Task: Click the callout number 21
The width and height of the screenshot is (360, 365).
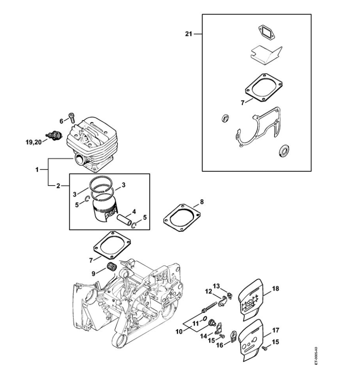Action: click(188, 34)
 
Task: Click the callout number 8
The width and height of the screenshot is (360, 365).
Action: click(202, 200)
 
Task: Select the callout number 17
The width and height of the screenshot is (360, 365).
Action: click(276, 330)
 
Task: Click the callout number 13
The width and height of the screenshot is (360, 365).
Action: click(216, 286)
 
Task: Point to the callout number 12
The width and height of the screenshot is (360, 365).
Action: click(209, 291)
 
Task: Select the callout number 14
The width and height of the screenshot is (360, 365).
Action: click(204, 335)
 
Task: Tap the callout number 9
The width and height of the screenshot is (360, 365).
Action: click(94, 273)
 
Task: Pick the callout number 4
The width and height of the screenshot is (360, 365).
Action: click(134, 210)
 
